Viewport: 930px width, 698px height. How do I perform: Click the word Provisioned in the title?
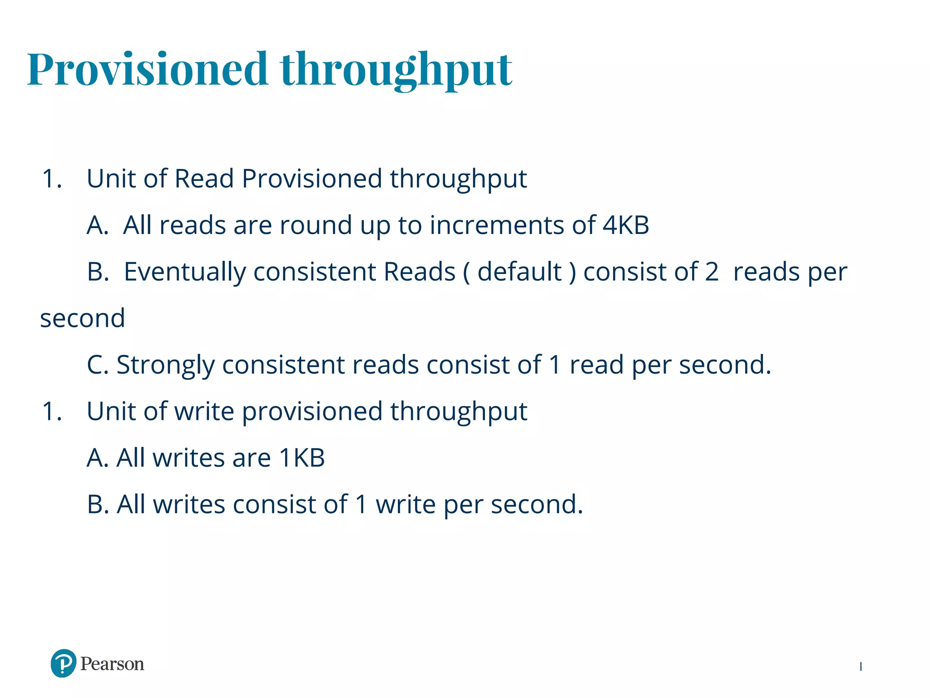pos(147,69)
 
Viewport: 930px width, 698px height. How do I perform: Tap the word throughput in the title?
pos(396,70)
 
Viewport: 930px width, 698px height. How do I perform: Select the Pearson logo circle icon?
pos(63,663)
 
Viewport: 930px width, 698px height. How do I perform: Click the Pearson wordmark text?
pos(112,664)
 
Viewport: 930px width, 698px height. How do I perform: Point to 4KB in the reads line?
pos(626,225)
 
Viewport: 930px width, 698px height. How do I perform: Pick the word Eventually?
pos(184,272)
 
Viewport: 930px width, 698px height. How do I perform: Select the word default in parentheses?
pos(519,272)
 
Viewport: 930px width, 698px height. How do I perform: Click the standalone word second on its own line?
pos(83,318)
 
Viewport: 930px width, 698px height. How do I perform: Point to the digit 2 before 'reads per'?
pos(712,272)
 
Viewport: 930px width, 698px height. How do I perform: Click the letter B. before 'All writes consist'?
pos(98,504)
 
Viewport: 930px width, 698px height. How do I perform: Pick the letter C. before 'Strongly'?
pos(98,365)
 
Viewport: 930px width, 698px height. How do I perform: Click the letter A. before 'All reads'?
pos(98,225)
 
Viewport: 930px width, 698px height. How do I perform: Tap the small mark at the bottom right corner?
pos(861,667)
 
